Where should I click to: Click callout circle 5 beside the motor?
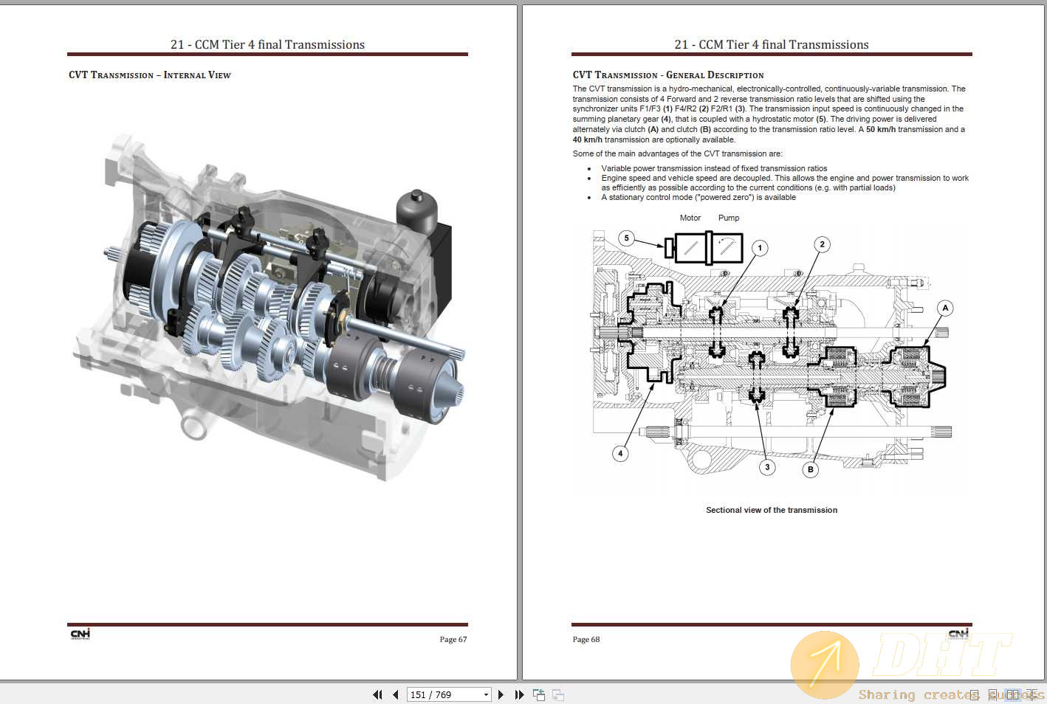626,238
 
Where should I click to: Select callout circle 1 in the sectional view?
760,248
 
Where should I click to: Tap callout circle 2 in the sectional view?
822,244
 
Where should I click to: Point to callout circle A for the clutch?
944,308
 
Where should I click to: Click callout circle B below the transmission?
810,469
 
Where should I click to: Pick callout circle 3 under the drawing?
767,467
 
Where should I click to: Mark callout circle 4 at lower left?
620,454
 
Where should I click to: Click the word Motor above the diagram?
690,218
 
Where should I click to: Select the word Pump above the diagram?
728,218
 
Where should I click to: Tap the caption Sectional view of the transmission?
771,510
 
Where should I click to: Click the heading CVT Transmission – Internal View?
150,75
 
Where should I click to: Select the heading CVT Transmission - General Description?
667,75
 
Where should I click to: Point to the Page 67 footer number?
453,640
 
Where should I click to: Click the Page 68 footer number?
586,640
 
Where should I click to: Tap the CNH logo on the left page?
80,635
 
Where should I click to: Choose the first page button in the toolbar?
377,694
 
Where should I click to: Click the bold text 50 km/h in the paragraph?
880,129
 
